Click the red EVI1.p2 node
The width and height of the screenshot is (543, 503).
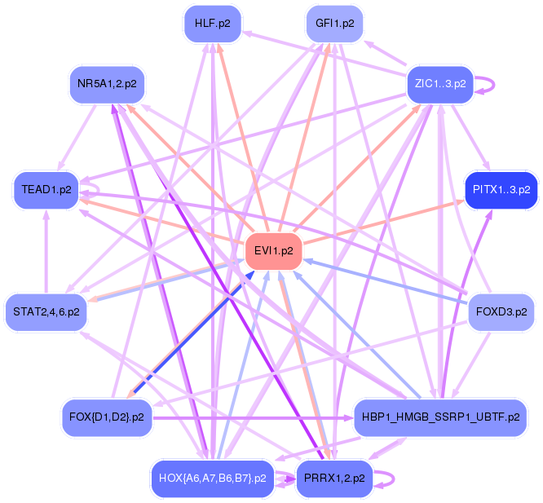pos(274,251)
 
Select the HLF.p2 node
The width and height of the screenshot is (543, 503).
pos(212,24)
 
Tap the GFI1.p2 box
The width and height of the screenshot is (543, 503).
pos(334,24)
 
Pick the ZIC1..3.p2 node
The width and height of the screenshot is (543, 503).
pos(440,83)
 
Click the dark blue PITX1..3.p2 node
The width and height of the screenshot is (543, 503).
pos(501,190)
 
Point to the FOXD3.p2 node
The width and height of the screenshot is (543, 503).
pos(500,311)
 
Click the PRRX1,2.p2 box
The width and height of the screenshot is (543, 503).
pos(334,478)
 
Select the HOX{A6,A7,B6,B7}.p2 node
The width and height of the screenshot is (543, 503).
pos(213,478)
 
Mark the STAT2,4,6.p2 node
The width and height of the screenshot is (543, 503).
pos(46,311)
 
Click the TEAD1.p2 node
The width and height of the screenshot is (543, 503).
pos(47,190)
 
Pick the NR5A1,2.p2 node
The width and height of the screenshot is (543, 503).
pos(107,83)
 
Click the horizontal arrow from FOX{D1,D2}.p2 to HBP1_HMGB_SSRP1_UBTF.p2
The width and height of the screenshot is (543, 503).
pos(245,418)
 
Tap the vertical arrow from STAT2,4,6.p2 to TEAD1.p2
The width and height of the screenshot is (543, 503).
pos(46,253)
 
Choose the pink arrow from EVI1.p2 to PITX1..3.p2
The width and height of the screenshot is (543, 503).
pos(383,221)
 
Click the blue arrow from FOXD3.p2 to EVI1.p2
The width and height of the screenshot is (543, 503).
pos(383,283)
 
